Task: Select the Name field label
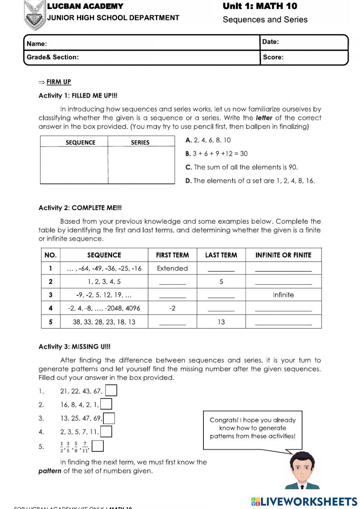(x=36, y=44)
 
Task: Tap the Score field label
(x=273, y=57)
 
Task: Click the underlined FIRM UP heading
(x=58, y=82)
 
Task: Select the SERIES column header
(x=140, y=142)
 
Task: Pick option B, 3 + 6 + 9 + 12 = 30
(x=216, y=154)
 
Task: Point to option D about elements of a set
(x=250, y=181)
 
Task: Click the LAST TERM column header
(x=221, y=255)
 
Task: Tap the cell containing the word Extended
(x=172, y=268)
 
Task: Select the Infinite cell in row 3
(x=283, y=295)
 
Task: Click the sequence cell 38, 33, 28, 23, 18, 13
(x=104, y=322)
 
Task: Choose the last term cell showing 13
(x=221, y=322)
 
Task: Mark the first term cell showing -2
(x=172, y=308)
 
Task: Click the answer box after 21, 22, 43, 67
(x=111, y=390)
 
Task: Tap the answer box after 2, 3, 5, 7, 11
(x=106, y=432)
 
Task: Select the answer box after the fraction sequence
(x=98, y=446)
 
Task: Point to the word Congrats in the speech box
(x=224, y=420)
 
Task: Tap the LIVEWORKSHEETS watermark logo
(x=304, y=501)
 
